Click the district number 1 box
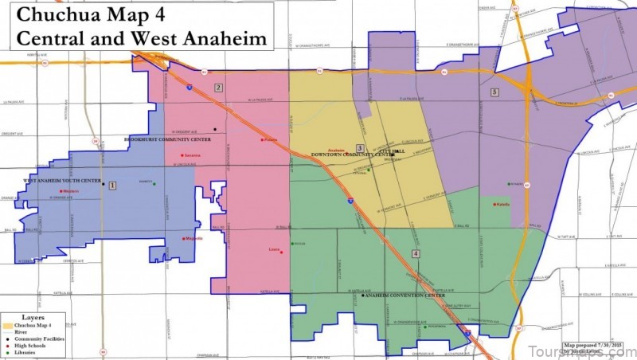click(x=112, y=186)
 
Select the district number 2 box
click(x=218, y=88)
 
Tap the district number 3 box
click(x=360, y=148)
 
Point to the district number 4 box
click(x=416, y=253)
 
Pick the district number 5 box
click(x=494, y=92)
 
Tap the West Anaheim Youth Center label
click(x=62, y=181)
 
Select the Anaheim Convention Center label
click(x=404, y=295)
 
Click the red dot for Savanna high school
click(x=182, y=155)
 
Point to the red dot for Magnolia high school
click(x=184, y=238)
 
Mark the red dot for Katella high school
click(x=494, y=204)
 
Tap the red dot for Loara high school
click(x=281, y=252)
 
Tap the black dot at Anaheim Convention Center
click(x=363, y=295)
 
